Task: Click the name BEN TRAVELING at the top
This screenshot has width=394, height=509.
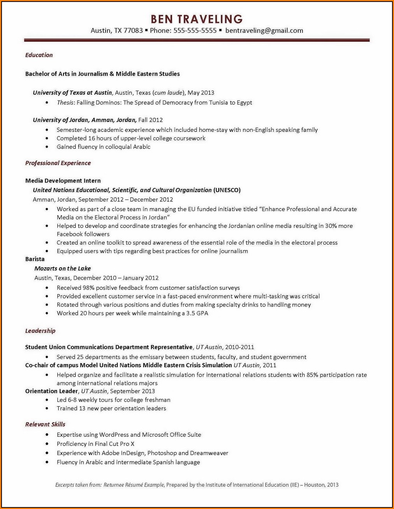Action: click(x=197, y=19)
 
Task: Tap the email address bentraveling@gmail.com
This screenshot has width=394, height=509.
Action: click(x=264, y=30)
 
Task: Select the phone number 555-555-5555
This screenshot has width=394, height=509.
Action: click(x=195, y=30)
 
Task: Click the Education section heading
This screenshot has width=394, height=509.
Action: click(x=39, y=55)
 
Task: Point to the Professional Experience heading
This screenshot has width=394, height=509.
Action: click(x=58, y=163)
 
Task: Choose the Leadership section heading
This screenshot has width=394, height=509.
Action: click(x=40, y=331)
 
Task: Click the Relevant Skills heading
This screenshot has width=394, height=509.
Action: click(x=45, y=424)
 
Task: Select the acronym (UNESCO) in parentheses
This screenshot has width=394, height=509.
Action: click(x=227, y=190)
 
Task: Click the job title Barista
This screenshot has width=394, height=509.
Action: click(x=35, y=259)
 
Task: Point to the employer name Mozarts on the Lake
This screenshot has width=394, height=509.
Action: click(x=62, y=268)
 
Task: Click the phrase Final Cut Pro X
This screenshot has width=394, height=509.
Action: click(x=114, y=444)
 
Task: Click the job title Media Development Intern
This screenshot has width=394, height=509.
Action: click(x=63, y=181)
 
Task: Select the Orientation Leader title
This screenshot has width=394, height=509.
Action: click(x=52, y=391)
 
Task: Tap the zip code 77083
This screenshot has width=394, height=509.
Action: click(x=133, y=30)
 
